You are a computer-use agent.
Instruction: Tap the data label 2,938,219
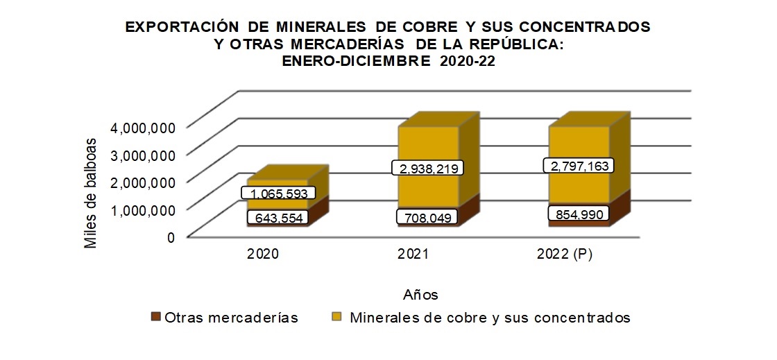[428, 169]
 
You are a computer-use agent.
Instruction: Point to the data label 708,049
[428, 218]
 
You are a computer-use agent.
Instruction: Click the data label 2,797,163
[578, 166]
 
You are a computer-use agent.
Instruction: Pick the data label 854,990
[578, 214]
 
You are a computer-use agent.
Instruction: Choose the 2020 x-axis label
[263, 255]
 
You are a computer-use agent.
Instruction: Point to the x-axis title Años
[420, 295]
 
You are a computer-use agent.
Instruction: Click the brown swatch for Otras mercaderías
[156, 318]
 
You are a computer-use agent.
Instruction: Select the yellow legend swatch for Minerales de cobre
[337, 318]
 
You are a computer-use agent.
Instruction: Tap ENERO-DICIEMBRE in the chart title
[354, 60]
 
